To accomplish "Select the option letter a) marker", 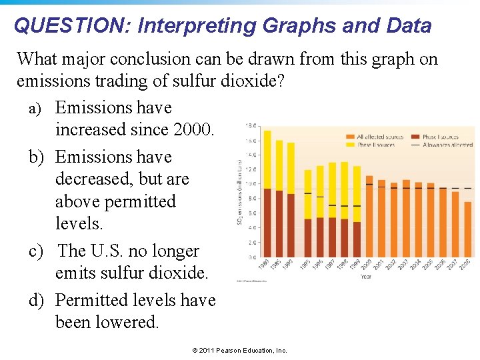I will pos(37,109).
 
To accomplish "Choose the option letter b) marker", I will pos(37,157).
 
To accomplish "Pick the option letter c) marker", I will pos(37,251).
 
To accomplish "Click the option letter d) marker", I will pos(37,301).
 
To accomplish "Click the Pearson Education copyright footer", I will pos(239,350).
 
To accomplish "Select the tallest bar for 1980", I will pos(267,193).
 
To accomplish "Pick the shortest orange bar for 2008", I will pos(467,229).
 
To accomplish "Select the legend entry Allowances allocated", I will pos(449,144).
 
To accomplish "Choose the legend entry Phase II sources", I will pos(375,144).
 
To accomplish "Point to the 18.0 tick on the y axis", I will pos(252,125).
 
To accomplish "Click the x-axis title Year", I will pos(366,275).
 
